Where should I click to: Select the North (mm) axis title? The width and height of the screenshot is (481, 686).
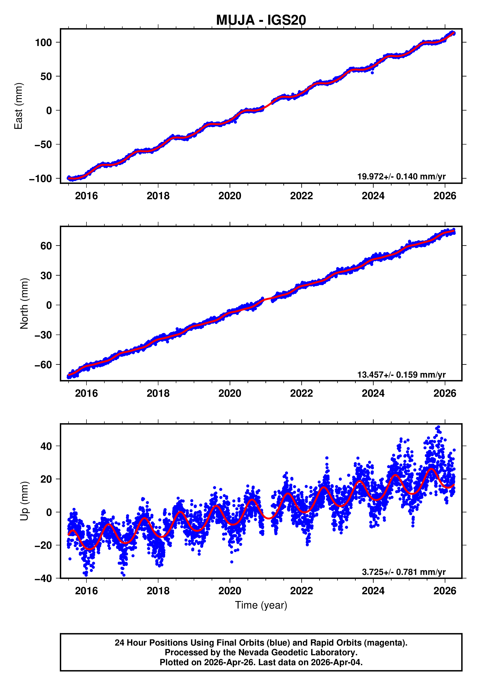[x=24, y=304]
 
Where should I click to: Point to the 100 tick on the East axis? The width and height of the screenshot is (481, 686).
[x=43, y=42]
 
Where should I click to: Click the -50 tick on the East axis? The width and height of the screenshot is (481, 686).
[x=43, y=145]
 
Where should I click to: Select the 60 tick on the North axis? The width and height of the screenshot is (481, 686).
[x=46, y=246]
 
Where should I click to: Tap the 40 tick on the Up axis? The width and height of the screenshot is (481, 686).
[x=46, y=446]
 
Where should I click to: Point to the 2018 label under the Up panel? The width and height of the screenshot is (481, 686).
[x=158, y=591]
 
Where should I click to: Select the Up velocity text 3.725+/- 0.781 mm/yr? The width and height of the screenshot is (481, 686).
[x=403, y=572]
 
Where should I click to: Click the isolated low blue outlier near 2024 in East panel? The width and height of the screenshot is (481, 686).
[x=372, y=73]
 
